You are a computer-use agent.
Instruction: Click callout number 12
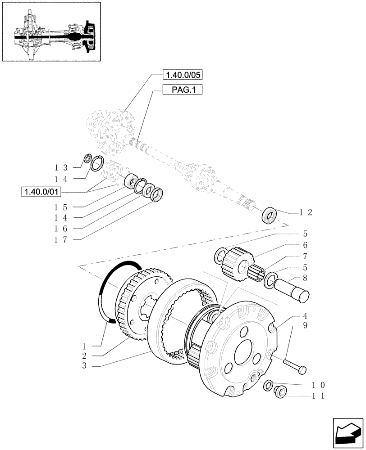[x=306, y=212]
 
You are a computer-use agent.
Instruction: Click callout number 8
[x=305, y=278]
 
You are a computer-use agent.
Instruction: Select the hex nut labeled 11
[x=279, y=391]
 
